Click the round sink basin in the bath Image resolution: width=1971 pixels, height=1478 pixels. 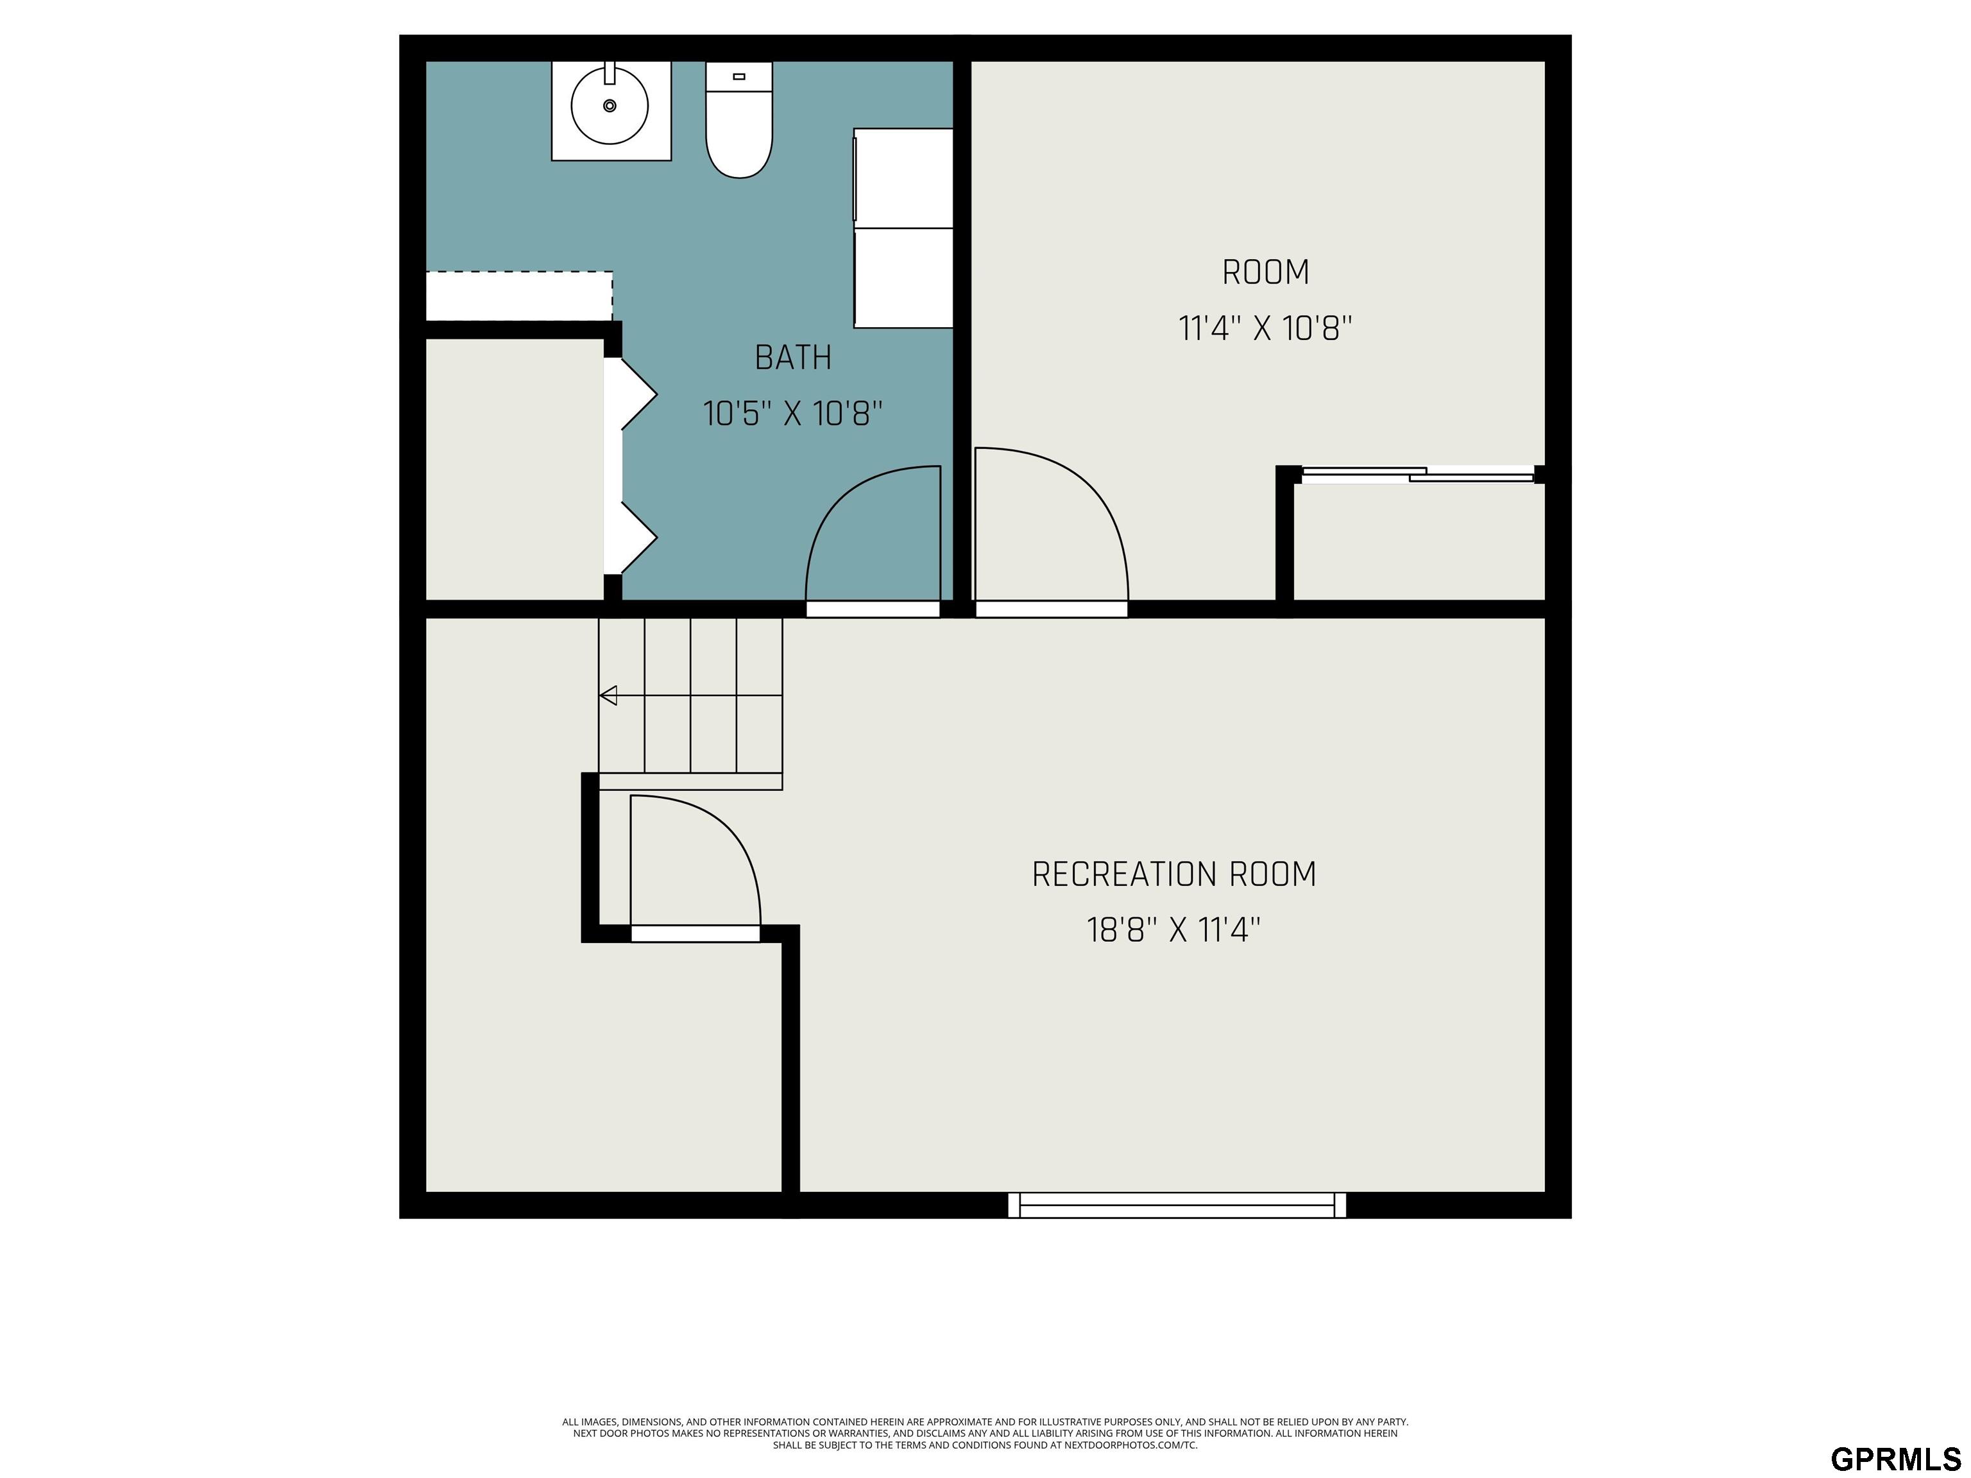pos(610,106)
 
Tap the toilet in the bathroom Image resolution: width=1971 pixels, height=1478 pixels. pos(738,119)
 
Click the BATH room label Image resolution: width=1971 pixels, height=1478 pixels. pos(793,357)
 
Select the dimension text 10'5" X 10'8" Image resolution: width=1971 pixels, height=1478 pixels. pos(793,413)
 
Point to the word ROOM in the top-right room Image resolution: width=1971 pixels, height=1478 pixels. pos(1265,273)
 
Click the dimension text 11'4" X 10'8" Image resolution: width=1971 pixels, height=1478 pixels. pos(1265,328)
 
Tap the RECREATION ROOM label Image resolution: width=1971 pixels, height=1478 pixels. pos(1173,874)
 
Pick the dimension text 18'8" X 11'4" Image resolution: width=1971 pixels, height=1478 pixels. pos(1173,930)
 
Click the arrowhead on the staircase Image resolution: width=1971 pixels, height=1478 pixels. pos(609,695)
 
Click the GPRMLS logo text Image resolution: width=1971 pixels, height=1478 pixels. pos(1895,1458)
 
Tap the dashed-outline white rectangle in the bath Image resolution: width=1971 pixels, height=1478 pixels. pos(518,296)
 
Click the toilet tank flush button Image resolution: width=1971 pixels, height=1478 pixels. pos(738,76)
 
